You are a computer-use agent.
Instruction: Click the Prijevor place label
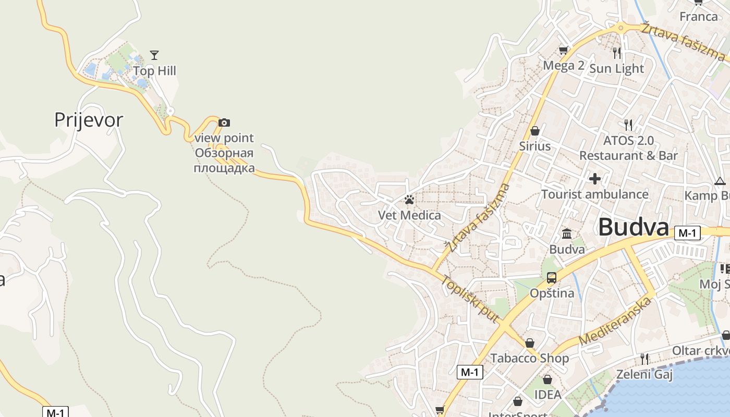(89, 120)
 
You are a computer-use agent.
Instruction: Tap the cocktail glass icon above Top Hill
(154, 55)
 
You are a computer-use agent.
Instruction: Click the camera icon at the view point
(224, 123)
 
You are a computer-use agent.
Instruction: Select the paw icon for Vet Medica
(409, 200)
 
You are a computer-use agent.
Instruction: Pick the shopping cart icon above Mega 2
(563, 51)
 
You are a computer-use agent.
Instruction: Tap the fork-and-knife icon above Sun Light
(617, 53)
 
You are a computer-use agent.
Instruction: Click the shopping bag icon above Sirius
(534, 131)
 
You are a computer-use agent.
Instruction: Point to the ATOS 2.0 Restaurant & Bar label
(628, 148)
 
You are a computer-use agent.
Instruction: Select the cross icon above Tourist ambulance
(595, 179)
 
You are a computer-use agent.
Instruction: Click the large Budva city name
(633, 227)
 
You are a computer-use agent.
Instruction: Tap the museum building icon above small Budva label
(567, 234)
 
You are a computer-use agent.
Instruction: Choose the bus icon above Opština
(552, 278)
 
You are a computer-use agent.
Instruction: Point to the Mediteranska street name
(615, 321)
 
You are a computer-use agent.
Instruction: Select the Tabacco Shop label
(529, 358)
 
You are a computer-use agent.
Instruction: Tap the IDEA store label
(547, 395)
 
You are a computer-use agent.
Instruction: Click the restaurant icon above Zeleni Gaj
(644, 359)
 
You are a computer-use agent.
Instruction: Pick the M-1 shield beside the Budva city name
(687, 233)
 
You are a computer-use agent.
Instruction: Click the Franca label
(699, 16)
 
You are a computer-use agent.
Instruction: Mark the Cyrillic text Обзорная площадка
(224, 161)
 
